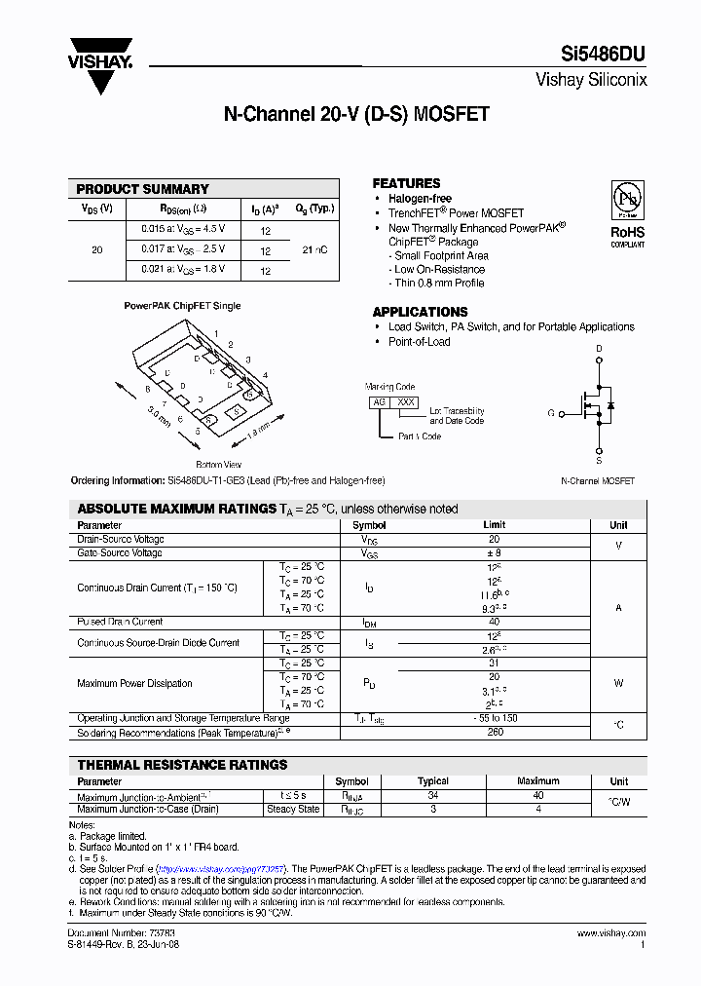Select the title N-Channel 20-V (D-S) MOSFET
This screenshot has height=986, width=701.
356,114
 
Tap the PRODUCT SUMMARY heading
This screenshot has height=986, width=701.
142,189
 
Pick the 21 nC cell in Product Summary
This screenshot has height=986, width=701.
314,250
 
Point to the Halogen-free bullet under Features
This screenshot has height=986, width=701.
421,199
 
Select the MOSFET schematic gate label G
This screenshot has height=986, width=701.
551,413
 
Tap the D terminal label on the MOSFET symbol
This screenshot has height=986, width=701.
599,349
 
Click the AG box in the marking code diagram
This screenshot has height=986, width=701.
379,401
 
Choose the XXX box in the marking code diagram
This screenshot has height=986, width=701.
406,401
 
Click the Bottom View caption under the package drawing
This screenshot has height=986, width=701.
219,465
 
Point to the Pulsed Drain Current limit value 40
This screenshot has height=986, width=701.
494,622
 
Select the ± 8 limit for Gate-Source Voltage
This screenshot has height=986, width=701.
494,552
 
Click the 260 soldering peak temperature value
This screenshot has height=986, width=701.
494,732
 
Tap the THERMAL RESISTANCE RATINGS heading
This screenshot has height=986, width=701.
182,765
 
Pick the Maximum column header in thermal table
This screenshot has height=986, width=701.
537,781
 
